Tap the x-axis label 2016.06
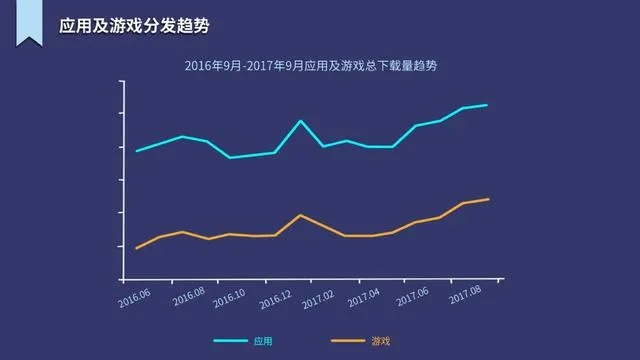coord(134,298)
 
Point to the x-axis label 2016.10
coord(230,298)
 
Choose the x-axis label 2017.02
coord(319,298)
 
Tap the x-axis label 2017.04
coord(363,298)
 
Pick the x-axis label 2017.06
coord(412,298)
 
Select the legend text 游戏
coord(380,341)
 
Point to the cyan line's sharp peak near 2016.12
coord(300,121)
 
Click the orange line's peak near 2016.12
coord(300,215)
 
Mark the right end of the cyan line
coord(487,105)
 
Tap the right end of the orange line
coord(488,199)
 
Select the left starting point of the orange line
coord(136,247)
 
